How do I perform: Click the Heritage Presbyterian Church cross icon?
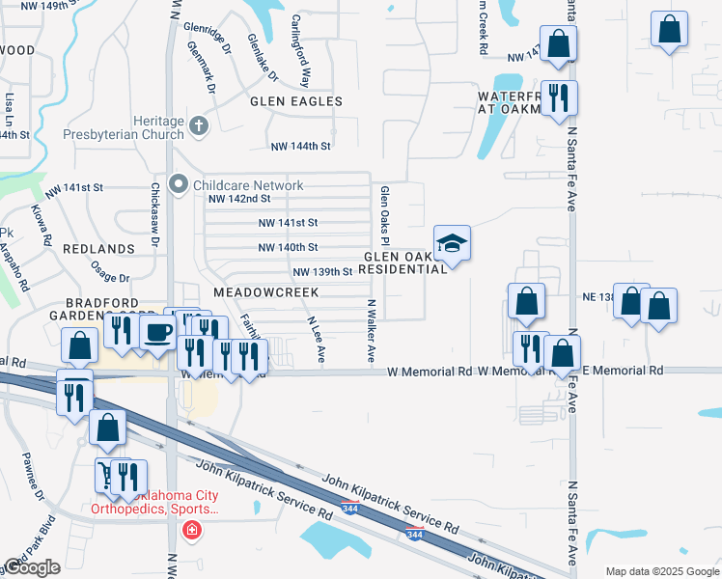199,125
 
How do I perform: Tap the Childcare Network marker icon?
179,184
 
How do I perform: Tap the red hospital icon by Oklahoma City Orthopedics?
192,530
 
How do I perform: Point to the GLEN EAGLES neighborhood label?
296,101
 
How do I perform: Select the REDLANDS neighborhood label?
98,249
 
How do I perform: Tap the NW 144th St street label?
301,146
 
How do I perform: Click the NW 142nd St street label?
239,199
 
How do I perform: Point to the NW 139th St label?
322,273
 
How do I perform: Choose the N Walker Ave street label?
371,330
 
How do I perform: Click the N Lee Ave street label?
316,340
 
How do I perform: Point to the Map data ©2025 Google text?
661,571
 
